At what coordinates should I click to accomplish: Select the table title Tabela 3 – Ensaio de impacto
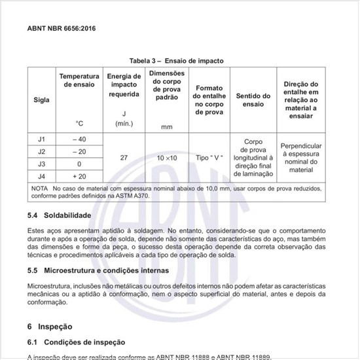[176, 61]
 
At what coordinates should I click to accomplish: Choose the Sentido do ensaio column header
[253, 99]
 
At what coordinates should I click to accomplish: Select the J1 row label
[41, 139]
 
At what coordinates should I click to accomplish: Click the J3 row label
[41, 164]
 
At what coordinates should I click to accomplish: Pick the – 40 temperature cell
[79, 139]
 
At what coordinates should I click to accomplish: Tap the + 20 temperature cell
[79, 176]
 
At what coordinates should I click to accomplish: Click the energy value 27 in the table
[124, 158]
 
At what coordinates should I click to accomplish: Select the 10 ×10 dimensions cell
[166, 158]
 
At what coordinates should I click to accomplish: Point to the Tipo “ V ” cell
[209, 158]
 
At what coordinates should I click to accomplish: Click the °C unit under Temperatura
[79, 123]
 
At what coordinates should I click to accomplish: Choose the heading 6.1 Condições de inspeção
[76, 342]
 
